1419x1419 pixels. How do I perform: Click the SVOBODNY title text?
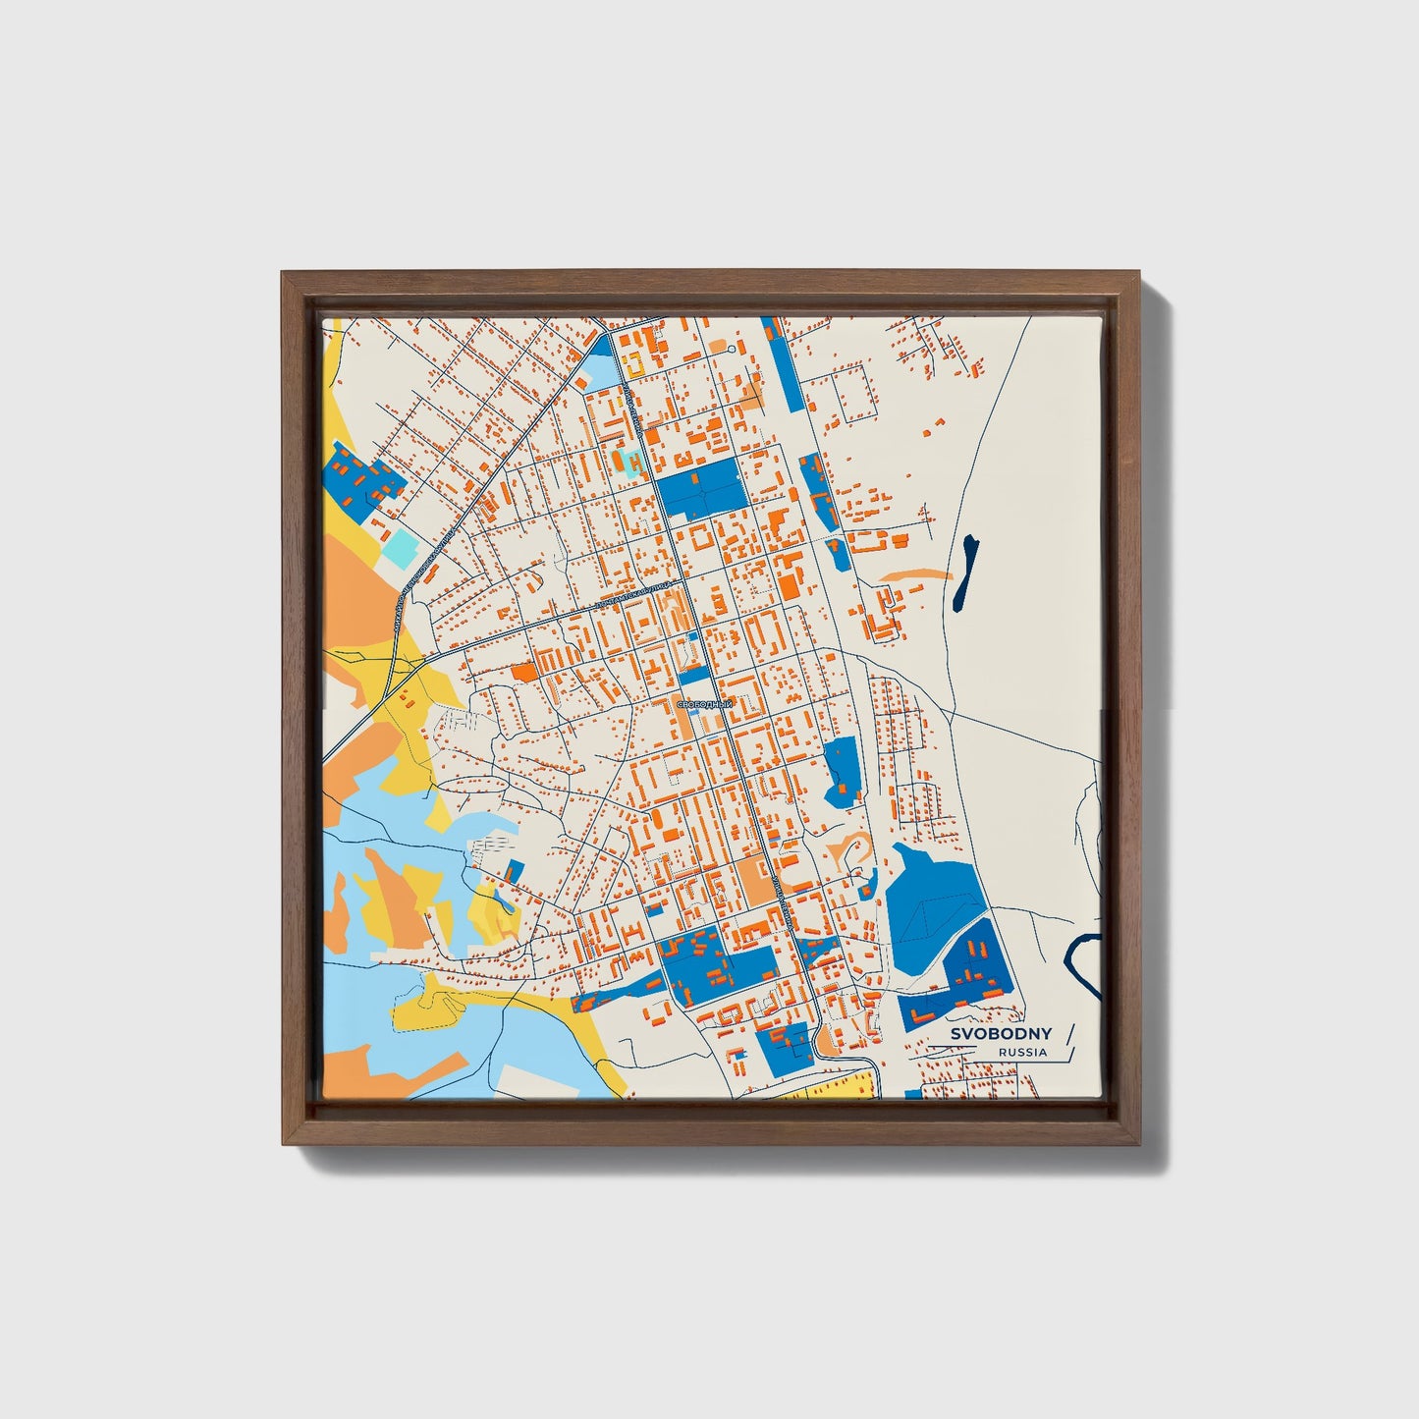click(1001, 1033)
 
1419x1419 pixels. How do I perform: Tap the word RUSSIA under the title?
click(1022, 1052)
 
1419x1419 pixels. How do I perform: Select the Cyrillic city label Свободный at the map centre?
click(704, 705)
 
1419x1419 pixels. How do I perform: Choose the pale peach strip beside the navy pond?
click(913, 573)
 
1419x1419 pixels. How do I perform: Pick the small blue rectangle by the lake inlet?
click(514, 870)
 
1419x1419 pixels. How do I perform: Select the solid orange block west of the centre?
click(523, 672)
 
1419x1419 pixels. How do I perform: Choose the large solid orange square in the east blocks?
click(789, 586)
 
